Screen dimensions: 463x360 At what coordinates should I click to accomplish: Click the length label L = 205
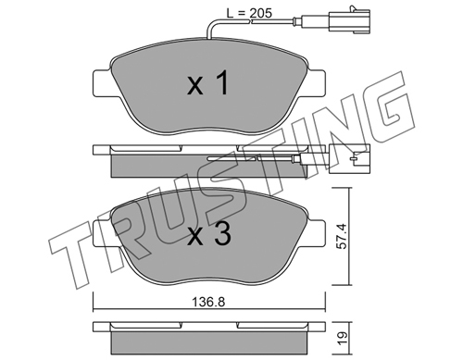click(x=249, y=13)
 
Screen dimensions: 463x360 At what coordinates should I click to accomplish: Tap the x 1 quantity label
click(x=207, y=83)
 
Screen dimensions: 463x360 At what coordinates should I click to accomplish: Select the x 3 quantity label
click(x=208, y=234)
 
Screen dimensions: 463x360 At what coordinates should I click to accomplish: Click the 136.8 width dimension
click(x=208, y=302)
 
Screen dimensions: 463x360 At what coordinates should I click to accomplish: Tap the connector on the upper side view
click(x=349, y=158)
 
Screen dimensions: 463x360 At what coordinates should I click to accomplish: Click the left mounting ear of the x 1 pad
click(x=102, y=82)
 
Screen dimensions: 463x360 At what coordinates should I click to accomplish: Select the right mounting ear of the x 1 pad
click(x=316, y=82)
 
